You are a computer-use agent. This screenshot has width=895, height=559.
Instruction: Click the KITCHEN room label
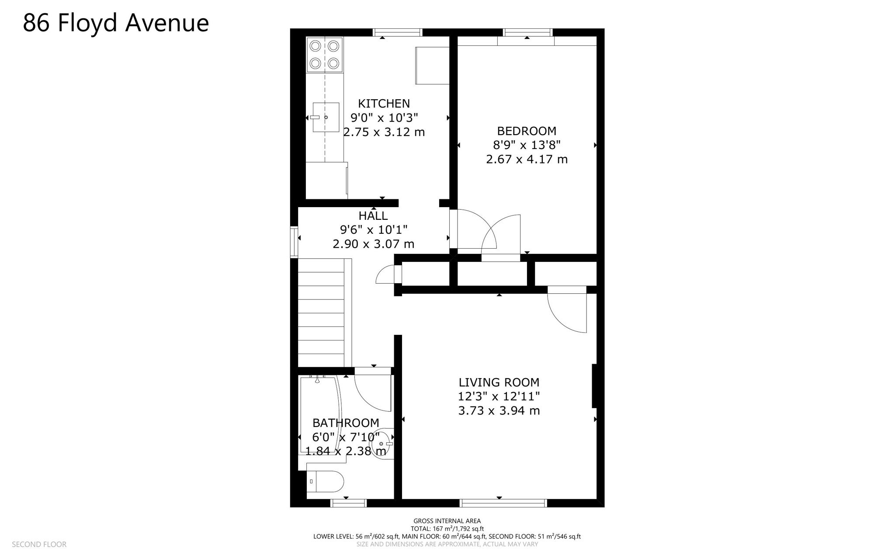click(x=384, y=104)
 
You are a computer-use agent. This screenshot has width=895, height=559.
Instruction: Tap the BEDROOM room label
click(x=527, y=131)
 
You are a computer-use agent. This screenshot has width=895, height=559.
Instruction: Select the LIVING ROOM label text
click(x=499, y=382)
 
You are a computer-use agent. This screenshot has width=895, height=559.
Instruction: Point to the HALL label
click(x=373, y=215)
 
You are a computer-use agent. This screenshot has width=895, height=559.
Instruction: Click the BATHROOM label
click(x=345, y=423)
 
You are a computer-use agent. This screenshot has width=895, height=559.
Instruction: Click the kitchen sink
click(x=326, y=117)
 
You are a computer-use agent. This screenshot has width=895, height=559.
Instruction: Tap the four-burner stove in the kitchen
click(x=324, y=55)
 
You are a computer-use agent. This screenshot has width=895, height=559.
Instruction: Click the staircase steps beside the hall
click(x=321, y=312)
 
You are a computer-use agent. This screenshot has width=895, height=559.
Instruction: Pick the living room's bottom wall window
click(x=503, y=503)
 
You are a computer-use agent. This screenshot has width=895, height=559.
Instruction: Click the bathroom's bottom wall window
click(x=348, y=503)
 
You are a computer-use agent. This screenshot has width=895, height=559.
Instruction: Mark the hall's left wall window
click(x=294, y=242)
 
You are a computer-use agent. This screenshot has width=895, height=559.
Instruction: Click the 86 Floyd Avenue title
click(x=116, y=23)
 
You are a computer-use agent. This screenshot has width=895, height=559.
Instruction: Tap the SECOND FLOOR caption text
click(x=39, y=544)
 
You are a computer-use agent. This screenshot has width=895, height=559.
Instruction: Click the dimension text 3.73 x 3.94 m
click(x=499, y=411)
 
